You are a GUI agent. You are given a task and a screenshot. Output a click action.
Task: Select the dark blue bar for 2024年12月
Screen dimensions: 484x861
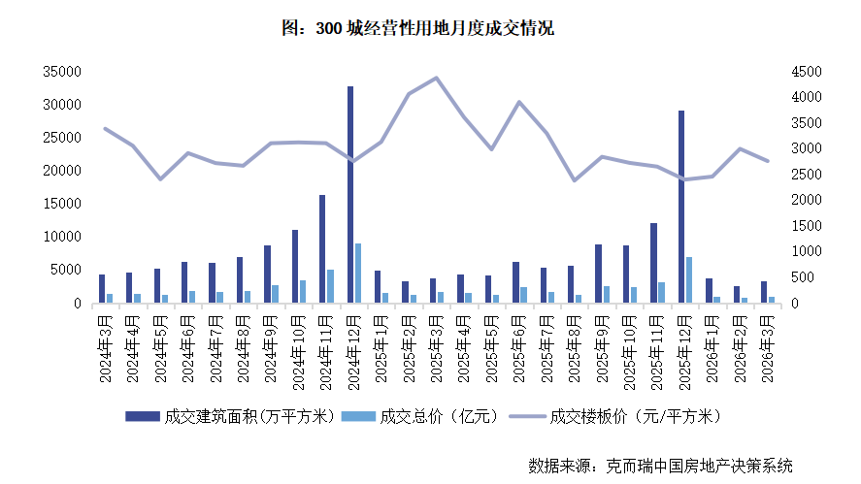click(350, 194)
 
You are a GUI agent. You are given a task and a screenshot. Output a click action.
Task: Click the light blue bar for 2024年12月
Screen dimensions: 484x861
click(358, 274)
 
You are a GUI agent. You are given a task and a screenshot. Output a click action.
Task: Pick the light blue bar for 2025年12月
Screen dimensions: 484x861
click(689, 280)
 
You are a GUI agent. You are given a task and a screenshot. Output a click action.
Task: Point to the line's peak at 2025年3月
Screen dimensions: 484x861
click(436, 78)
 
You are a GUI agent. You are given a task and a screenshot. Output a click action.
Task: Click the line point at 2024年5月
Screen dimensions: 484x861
click(160, 179)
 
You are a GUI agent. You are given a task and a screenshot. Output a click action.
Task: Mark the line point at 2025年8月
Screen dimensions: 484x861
click(574, 180)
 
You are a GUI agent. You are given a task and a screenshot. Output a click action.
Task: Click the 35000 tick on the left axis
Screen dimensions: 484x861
click(60, 72)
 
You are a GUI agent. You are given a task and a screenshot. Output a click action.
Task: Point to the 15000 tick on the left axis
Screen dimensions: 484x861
click(60, 204)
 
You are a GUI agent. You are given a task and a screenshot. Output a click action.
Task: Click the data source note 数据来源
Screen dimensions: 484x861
click(660, 464)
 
